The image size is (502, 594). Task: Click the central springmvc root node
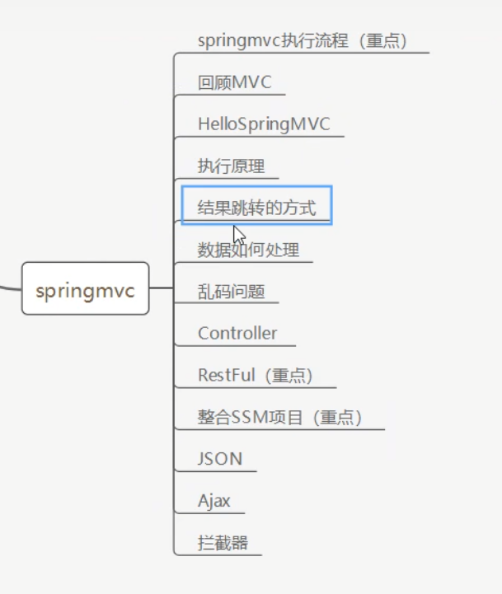85,288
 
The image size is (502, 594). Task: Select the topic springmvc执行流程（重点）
303,40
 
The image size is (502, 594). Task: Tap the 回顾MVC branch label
234,82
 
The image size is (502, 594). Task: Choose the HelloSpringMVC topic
264,124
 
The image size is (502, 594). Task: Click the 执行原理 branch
231,166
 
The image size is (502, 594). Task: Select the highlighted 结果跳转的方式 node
256,207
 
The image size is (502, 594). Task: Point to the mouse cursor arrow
238,234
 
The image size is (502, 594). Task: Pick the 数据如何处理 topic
248,250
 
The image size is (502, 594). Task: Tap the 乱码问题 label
231,291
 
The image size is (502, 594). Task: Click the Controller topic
237,333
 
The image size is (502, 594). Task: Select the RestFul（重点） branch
256,375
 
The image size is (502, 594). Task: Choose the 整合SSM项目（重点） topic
280,417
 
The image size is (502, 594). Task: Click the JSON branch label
220,459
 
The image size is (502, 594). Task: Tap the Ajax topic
214,500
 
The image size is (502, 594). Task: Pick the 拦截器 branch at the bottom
223,543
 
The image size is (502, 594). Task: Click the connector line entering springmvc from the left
10,288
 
